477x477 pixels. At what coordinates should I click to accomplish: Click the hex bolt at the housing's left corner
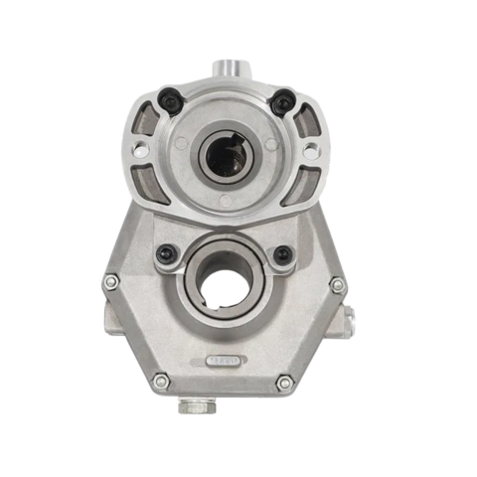tap(111, 282)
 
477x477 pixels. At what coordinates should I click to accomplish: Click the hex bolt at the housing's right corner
tap(337, 285)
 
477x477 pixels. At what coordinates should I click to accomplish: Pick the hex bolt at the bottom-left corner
tap(161, 380)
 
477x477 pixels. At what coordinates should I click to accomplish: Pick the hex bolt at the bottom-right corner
tap(285, 382)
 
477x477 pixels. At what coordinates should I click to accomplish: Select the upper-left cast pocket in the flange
tap(148, 117)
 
